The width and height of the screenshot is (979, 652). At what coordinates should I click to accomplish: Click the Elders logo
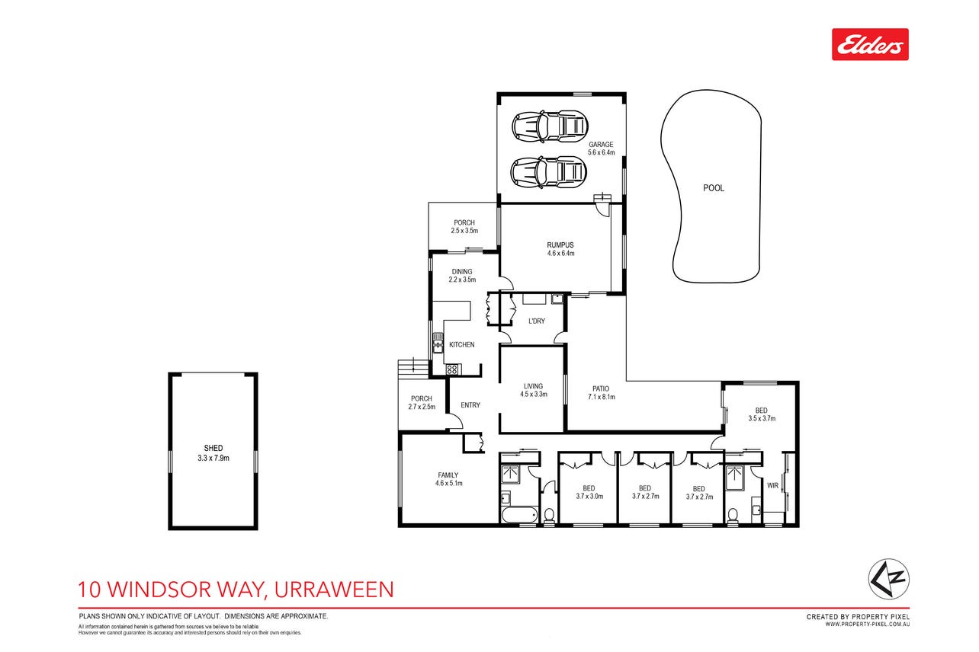870,44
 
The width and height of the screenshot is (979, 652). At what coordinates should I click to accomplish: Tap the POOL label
713,188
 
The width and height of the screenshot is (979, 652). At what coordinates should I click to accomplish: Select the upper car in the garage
550,126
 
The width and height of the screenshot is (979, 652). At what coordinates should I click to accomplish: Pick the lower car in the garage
549,172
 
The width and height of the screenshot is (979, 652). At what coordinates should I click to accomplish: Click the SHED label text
213,448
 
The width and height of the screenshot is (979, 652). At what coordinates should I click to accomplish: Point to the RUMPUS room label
560,245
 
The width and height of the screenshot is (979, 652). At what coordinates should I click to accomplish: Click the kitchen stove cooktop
452,370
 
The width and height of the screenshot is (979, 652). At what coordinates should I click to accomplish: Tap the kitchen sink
437,343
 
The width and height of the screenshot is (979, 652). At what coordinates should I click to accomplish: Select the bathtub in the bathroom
519,516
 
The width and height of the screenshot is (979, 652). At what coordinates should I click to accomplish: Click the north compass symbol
888,579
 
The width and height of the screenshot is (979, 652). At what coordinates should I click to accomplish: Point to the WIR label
772,486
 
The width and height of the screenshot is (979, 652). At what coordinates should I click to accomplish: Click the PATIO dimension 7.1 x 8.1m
602,397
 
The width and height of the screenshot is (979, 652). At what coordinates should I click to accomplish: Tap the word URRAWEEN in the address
334,590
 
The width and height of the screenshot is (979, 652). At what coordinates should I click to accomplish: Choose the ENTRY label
470,405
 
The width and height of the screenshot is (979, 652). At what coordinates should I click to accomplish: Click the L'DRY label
537,321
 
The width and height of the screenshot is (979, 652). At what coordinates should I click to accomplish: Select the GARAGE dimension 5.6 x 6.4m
601,152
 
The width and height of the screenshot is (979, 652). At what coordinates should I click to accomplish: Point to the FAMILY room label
448,475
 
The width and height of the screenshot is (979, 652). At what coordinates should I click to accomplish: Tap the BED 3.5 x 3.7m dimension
762,418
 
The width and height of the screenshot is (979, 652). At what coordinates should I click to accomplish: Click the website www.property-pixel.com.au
867,624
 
